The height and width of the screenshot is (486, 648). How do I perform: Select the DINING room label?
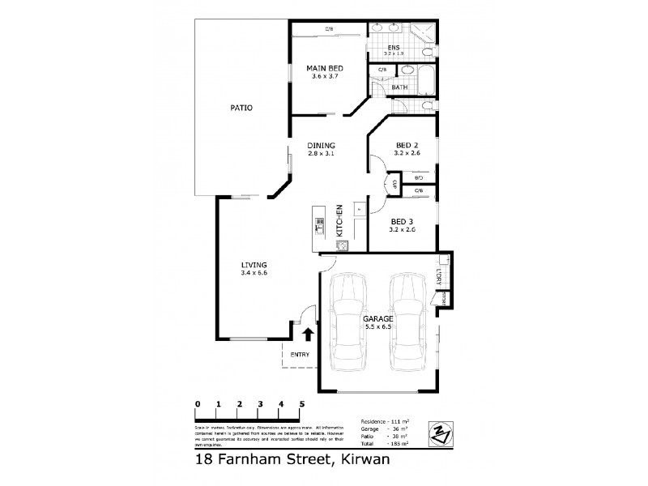(321, 146)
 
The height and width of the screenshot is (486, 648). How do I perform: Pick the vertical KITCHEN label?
(340, 220)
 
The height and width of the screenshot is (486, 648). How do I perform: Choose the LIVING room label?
(254, 265)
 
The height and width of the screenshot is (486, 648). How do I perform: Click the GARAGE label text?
(377, 318)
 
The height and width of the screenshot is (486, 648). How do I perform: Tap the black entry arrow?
(308, 334)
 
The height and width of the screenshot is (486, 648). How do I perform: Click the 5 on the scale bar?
(302, 403)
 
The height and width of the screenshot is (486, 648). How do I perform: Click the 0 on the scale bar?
(198, 403)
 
